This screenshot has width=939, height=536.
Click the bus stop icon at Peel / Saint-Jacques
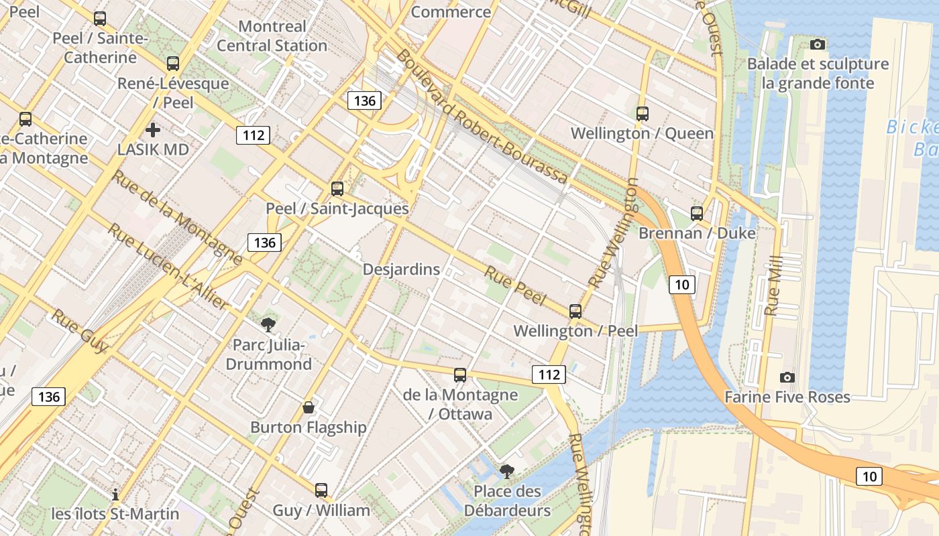337,189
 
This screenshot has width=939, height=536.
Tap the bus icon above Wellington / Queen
643,114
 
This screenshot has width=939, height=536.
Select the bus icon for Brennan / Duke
697,214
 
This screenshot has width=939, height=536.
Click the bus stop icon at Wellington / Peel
575,312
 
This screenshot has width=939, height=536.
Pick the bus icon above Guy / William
321,490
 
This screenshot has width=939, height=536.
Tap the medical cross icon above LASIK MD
153,130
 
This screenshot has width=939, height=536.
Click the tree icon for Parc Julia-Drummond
268,325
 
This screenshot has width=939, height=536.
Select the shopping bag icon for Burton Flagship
309,407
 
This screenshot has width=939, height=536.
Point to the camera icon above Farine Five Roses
787,378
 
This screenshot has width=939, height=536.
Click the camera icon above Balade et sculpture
817,45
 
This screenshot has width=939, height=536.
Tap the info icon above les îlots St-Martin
115,494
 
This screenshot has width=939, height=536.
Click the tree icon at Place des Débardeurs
507,472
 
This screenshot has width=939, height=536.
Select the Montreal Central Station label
272,36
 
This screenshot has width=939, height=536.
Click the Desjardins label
401,269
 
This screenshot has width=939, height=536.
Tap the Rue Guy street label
80,331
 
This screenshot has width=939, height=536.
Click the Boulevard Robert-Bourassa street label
481,117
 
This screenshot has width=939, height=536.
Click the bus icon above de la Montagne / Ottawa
459,375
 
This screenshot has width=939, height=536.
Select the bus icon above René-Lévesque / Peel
173,64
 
